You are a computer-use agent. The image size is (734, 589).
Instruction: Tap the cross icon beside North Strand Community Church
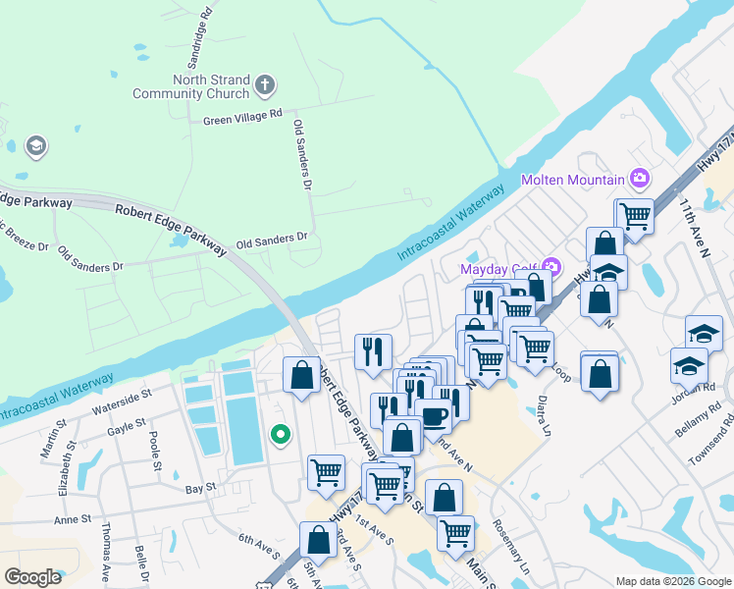264,86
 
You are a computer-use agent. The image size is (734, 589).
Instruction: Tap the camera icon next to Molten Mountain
640,178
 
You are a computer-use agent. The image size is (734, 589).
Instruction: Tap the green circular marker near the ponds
280,433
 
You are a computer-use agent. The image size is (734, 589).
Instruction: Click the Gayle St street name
127,425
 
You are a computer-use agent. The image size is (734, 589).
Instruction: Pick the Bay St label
200,487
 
